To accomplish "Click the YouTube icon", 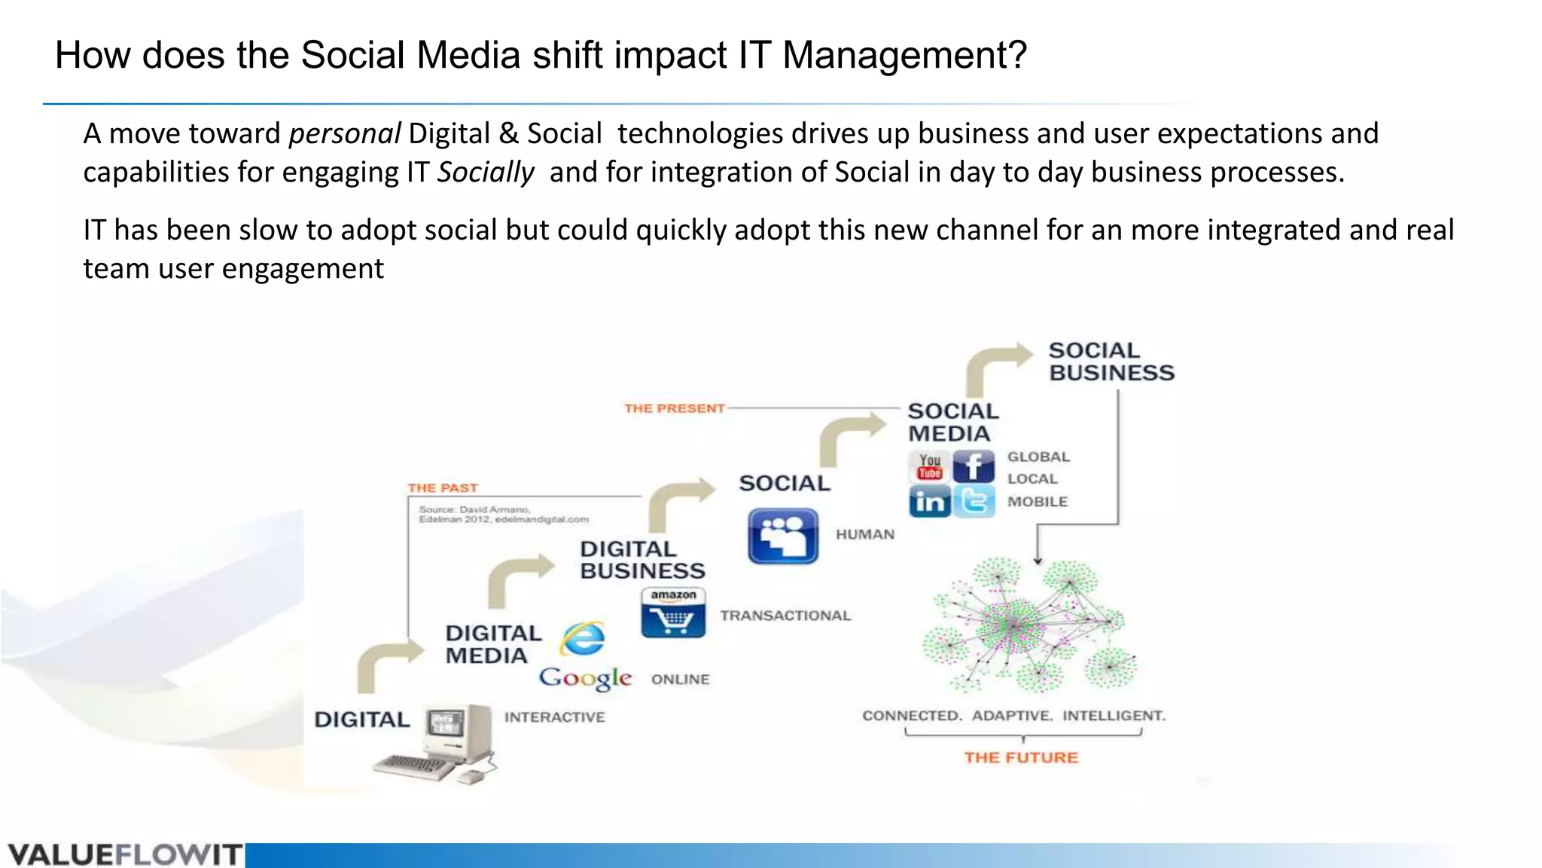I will pyautogui.click(x=930, y=467).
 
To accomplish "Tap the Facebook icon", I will pyautogui.click(x=974, y=467).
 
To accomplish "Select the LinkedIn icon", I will pyautogui.click(x=930, y=501).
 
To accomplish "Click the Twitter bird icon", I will pyautogui.click(x=974, y=501).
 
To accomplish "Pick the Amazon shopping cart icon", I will pyautogui.click(x=673, y=613).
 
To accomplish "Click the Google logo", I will pyautogui.click(x=585, y=678).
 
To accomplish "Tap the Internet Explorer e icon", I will pyautogui.click(x=582, y=639).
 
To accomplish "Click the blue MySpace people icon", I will pyautogui.click(x=783, y=536).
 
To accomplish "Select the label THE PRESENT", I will pyautogui.click(x=674, y=408).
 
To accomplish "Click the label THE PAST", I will pyautogui.click(x=443, y=488).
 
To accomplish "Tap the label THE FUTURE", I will pyautogui.click(x=1021, y=758).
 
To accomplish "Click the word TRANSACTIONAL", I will pyautogui.click(x=785, y=616).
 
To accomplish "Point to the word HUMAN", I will pyautogui.click(x=865, y=534).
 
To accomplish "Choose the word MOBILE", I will pyautogui.click(x=1038, y=502).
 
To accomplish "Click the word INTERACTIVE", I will pyautogui.click(x=554, y=717).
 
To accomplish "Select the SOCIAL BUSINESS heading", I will pyautogui.click(x=1111, y=362).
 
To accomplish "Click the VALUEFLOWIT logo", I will pyautogui.click(x=124, y=855).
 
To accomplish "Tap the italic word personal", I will pyautogui.click(x=344, y=133).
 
